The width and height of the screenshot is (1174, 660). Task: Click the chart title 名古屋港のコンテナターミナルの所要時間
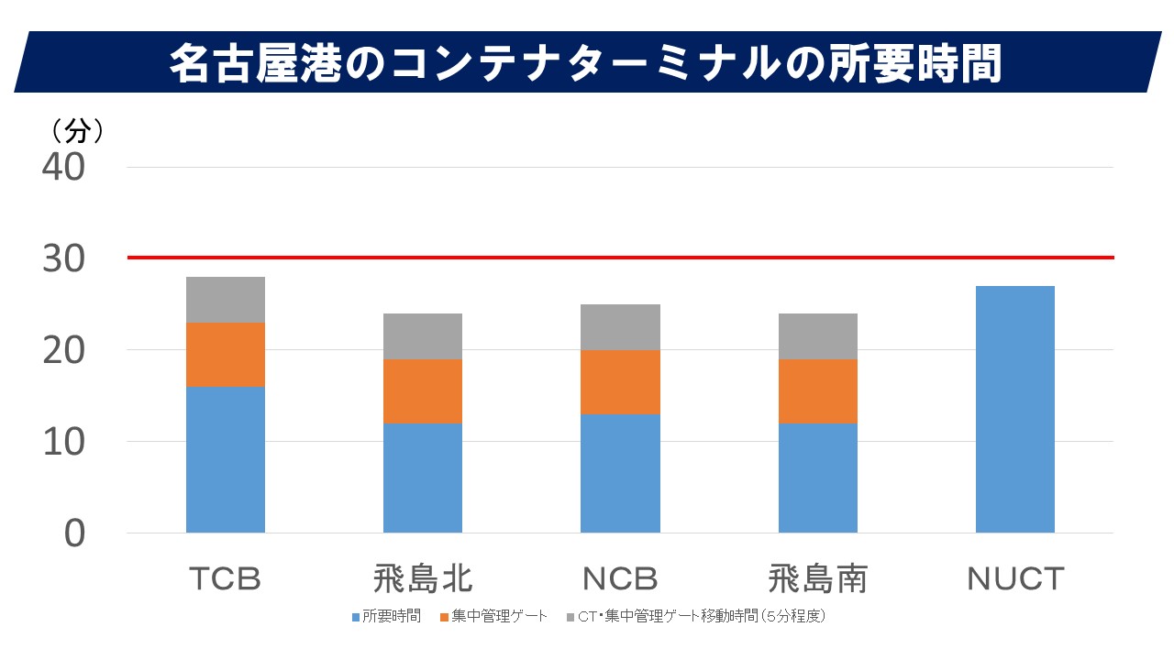click(584, 63)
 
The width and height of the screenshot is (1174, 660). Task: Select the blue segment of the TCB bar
click(226, 459)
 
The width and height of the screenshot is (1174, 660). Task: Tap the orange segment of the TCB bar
click(226, 355)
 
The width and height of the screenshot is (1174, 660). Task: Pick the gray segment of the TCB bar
click(226, 300)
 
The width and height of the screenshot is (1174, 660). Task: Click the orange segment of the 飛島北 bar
click(423, 391)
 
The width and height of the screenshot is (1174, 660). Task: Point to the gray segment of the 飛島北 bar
click(423, 336)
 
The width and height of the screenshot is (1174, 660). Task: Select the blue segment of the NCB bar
click(620, 473)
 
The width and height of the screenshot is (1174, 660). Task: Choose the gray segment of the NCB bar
click(620, 327)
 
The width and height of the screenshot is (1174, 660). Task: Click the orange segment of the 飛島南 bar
click(818, 391)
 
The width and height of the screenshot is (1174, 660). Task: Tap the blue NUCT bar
click(1015, 409)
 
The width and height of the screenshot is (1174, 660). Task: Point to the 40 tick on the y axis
click(63, 168)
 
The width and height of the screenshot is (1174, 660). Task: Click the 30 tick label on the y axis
click(63, 259)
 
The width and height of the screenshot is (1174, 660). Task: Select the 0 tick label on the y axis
click(74, 533)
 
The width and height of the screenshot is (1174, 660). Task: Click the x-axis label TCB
click(226, 579)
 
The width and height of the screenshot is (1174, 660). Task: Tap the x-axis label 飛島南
click(818, 579)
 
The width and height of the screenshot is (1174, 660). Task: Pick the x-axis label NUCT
click(1015, 579)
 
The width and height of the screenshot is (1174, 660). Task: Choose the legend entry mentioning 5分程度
click(702, 616)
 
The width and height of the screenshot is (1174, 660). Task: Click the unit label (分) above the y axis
click(77, 131)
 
